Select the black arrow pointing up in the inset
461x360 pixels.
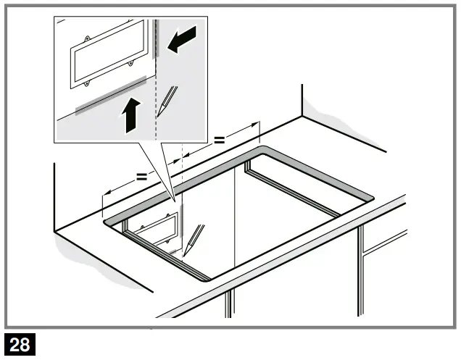point(129,114)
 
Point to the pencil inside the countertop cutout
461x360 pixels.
point(194,239)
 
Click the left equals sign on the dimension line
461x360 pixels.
point(141,176)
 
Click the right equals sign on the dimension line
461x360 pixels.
point(219,139)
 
